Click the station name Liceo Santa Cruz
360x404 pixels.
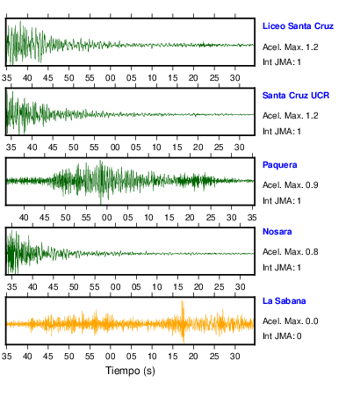(x=298, y=26)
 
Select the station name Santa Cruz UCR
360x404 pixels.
(x=296, y=96)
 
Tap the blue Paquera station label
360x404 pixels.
(x=280, y=165)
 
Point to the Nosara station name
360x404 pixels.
(x=277, y=232)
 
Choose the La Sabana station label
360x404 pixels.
(x=284, y=301)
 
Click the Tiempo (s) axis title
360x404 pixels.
(x=130, y=371)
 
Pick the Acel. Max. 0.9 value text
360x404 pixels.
(x=291, y=185)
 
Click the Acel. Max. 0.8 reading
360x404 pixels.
(x=291, y=252)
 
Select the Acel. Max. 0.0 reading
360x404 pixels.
(x=291, y=321)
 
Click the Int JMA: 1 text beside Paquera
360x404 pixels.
(x=282, y=201)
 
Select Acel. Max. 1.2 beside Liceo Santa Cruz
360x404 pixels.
(x=291, y=47)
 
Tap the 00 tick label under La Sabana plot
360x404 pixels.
(x=111, y=357)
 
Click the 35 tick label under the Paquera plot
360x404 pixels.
(x=252, y=218)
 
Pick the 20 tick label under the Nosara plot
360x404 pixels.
(x=198, y=287)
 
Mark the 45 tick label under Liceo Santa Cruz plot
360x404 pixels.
(x=48, y=78)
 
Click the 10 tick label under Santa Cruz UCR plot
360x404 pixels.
(x=156, y=148)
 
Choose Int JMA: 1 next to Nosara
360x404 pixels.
(x=282, y=268)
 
